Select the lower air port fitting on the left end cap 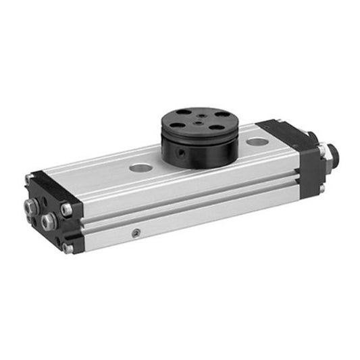click(49, 221)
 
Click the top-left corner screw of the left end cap click(28, 179)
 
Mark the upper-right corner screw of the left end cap click(66, 209)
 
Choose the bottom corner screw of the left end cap click(68, 249)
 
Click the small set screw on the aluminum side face click(137, 233)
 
